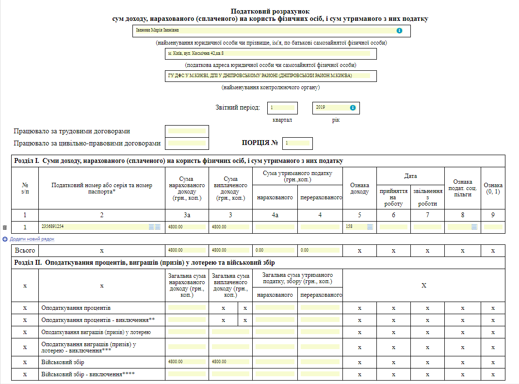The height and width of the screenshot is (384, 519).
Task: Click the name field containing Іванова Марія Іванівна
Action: click(x=262, y=31)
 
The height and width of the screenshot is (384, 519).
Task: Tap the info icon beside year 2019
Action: click(x=353, y=108)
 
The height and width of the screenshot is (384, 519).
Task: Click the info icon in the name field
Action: click(x=399, y=31)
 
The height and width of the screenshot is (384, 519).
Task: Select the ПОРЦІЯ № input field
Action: click(x=297, y=143)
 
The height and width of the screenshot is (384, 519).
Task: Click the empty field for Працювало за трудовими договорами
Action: click(x=186, y=131)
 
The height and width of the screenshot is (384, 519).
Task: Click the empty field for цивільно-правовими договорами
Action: click(x=186, y=144)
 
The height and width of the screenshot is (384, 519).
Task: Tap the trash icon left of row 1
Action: click(x=5, y=227)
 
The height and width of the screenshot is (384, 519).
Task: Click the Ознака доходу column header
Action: click(x=359, y=189)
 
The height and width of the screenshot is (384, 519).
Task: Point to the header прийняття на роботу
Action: click(x=393, y=197)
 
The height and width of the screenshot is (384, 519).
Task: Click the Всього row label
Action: click(x=25, y=251)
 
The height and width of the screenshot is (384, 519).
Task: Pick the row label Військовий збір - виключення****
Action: click(x=88, y=374)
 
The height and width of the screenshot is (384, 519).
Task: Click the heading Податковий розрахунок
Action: click(x=270, y=11)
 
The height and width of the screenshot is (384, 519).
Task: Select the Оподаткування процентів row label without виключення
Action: click(x=76, y=308)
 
